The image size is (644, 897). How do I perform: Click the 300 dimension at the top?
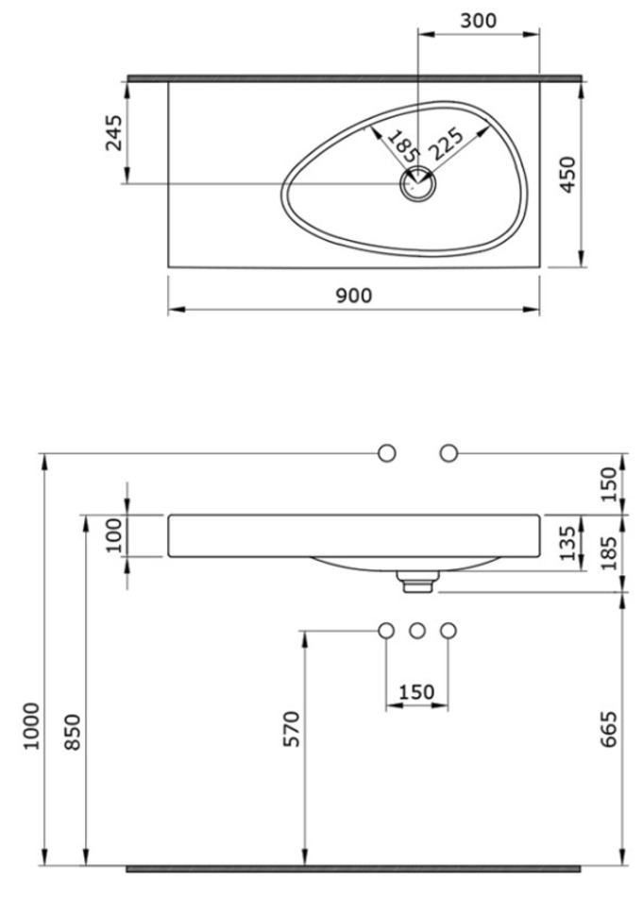coord(478,20)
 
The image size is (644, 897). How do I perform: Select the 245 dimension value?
coord(114,133)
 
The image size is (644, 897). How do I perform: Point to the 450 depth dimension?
coord(568,174)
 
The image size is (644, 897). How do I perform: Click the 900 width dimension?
coord(353,296)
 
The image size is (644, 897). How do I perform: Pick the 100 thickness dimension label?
coord(114,534)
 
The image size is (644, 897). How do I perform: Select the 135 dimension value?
coord(568,543)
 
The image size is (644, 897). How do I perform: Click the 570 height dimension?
coord(291,728)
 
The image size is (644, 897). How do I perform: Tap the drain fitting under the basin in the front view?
coord(417,582)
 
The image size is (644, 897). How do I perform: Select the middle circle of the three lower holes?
coord(417,631)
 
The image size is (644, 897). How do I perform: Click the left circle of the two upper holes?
coord(387,453)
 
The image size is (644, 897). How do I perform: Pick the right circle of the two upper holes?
coord(449,453)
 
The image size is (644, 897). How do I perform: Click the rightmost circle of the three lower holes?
coord(449,631)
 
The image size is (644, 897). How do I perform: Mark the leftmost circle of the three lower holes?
coord(386,631)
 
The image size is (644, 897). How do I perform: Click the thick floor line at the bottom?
coord(353,869)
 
